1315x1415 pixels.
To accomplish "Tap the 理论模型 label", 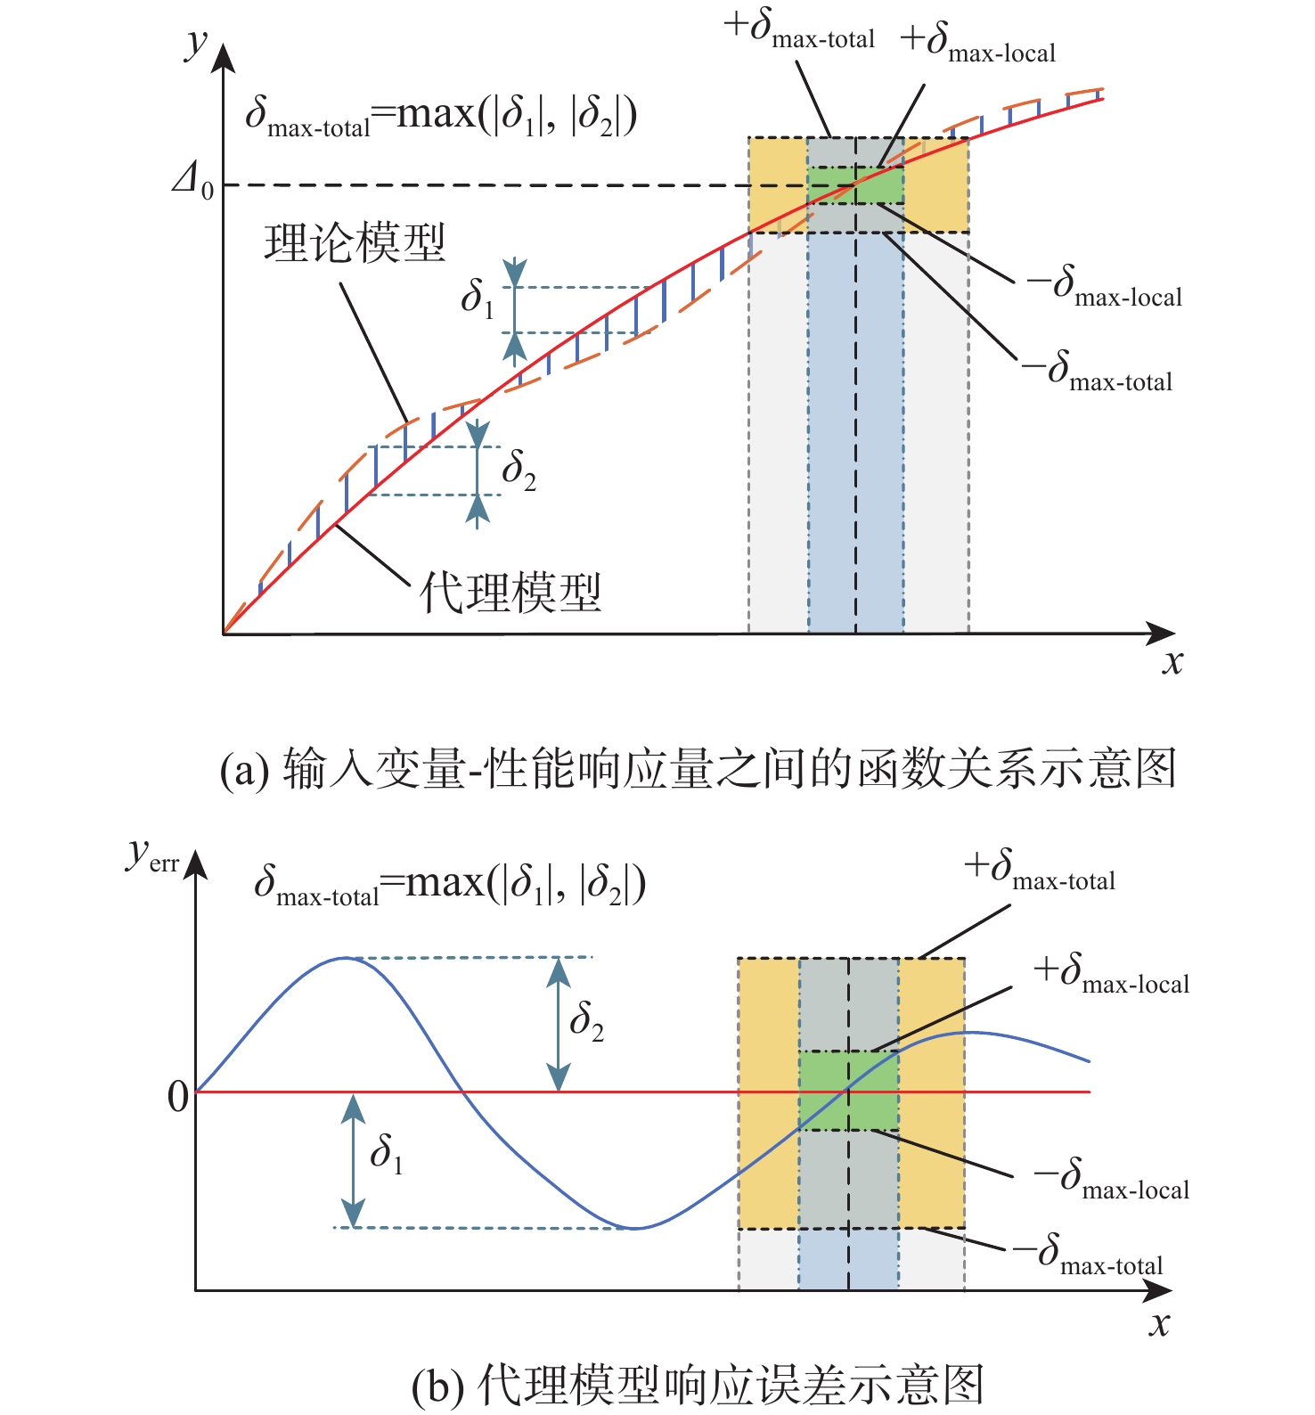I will [355, 242].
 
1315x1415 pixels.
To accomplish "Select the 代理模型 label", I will [510, 592].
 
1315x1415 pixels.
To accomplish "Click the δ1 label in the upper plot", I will [477, 299].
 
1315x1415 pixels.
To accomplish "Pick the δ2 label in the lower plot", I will [586, 1021].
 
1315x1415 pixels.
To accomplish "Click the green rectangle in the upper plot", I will [855, 186].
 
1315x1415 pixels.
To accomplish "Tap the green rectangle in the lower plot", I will [848, 1091].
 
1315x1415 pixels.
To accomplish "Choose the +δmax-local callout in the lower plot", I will [1111, 974].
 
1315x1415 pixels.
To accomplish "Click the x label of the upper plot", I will [1172, 663].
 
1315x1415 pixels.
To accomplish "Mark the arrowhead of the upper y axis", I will [224, 55].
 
